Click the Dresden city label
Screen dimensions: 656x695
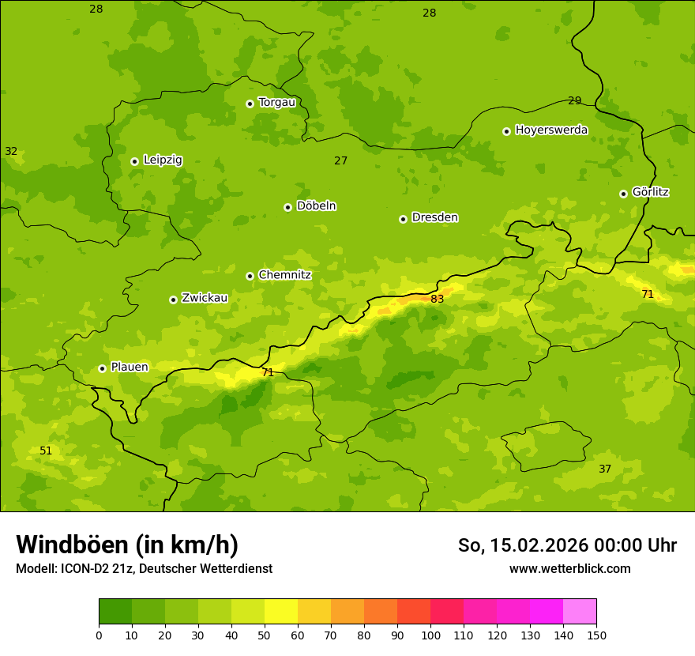pos(434,217)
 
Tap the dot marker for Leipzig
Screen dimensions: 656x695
pos(135,161)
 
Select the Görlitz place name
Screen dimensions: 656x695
pos(650,192)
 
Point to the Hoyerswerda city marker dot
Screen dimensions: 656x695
pos(507,131)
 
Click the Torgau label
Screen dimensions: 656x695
pos(276,102)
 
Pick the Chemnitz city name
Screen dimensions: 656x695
pos(284,275)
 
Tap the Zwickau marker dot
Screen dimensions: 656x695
pos(173,300)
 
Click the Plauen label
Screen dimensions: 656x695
pos(129,367)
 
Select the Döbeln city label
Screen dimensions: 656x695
pos(316,206)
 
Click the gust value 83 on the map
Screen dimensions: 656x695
pos(437,299)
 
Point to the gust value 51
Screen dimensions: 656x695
pos(46,451)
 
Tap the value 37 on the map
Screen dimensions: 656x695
pos(605,469)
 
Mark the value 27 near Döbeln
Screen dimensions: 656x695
pos(340,160)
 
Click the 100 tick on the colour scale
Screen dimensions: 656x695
pos(430,635)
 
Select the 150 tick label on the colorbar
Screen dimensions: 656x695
pos(596,635)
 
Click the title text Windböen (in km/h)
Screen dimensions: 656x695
pos(127,545)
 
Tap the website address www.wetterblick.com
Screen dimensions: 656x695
pos(569,568)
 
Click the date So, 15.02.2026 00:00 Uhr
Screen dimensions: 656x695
pos(567,545)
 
